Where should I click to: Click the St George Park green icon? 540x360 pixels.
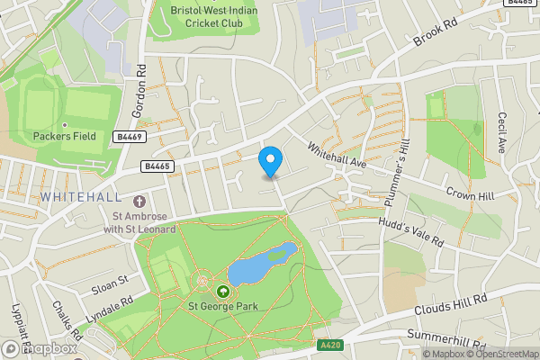(222, 291)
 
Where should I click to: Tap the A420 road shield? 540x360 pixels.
(330, 343)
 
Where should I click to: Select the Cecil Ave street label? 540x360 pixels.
(501, 132)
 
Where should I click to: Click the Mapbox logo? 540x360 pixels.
(40, 347)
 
